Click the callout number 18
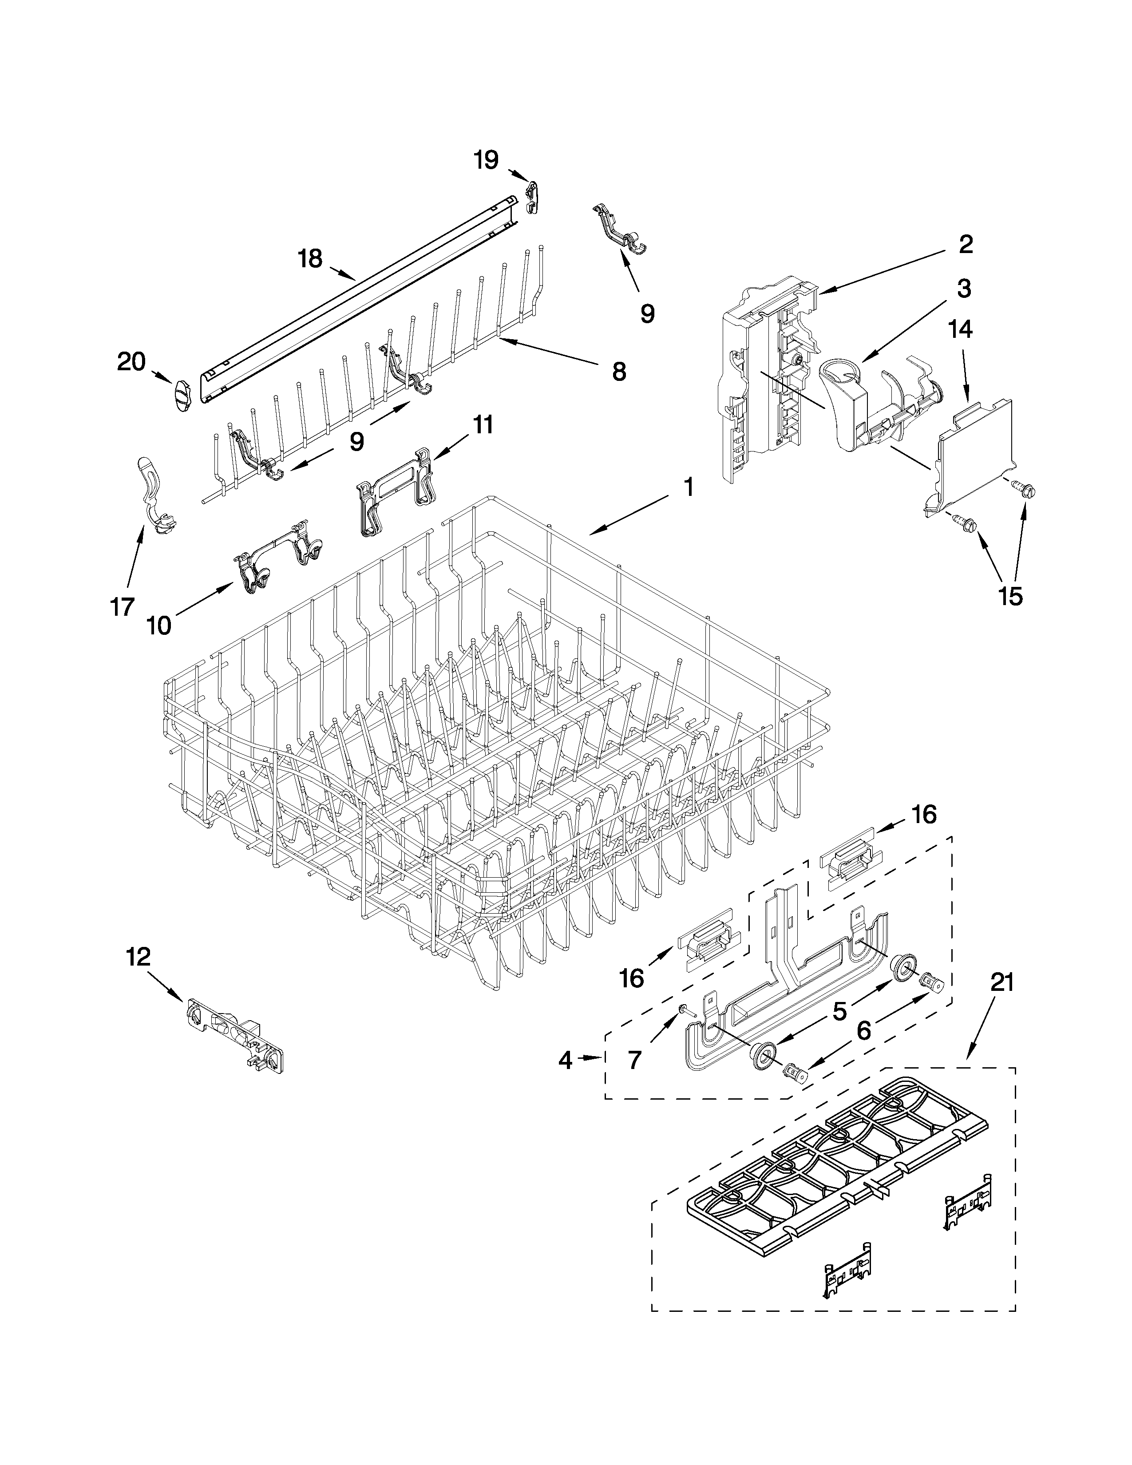[x=310, y=259]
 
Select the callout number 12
[x=138, y=957]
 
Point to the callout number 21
[x=1002, y=983]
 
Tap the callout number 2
[x=964, y=245]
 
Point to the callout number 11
[x=482, y=424]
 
